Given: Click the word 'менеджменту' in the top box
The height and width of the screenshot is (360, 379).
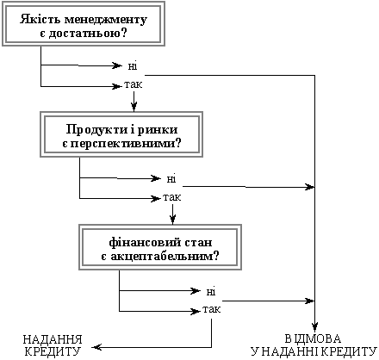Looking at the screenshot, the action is (106, 20).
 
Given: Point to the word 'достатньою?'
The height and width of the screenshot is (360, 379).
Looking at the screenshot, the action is (88, 34).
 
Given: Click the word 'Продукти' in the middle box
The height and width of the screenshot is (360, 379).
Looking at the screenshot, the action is (93, 130).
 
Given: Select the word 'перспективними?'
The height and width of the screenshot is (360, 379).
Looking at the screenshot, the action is (126, 144).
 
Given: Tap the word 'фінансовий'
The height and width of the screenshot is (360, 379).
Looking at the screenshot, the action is (139, 243).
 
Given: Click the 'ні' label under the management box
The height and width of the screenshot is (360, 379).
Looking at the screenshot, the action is (133, 66).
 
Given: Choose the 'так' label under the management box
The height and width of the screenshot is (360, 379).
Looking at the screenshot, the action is (134, 84).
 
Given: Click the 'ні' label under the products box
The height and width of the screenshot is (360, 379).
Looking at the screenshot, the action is (171, 179).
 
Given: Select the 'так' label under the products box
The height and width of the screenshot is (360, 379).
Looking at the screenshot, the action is (172, 197).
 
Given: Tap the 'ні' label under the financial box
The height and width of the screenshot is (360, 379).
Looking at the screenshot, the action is (211, 292).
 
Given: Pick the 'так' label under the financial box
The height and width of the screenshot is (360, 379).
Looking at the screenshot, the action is (212, 309).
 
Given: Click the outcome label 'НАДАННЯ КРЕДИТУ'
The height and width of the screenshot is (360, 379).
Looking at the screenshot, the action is (53, 345).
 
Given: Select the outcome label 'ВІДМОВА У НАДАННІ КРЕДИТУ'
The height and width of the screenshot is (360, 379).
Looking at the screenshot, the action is (314, 345).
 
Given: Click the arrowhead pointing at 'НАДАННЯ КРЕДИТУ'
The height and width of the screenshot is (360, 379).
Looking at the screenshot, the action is (96, 347).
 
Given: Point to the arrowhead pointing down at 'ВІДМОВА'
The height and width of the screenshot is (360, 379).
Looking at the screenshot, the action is (315, 327).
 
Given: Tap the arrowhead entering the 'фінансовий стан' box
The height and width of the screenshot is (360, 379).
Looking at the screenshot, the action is (172, 220).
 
